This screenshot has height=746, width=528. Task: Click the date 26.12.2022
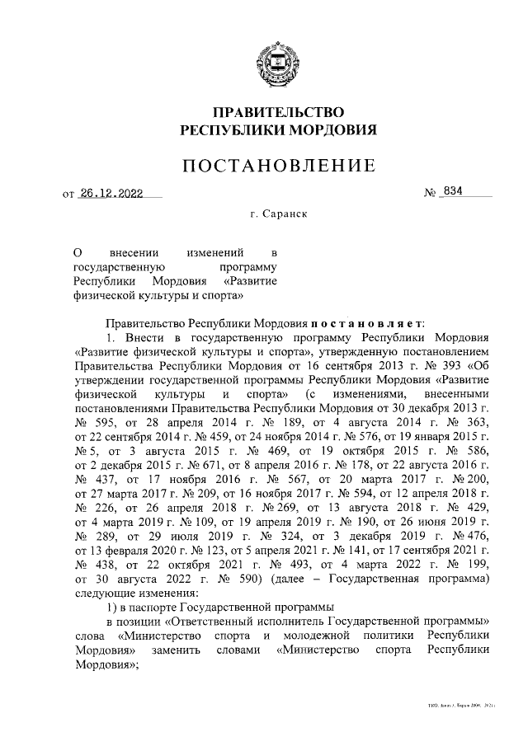pos(111,195)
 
